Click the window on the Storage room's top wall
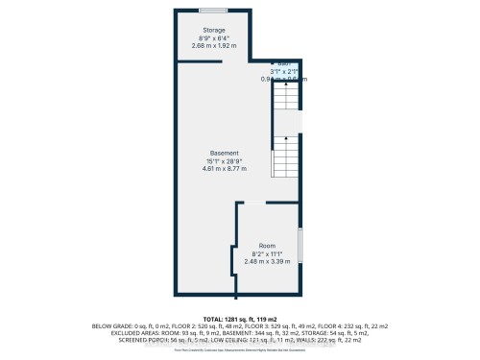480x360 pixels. pyautogui.click(x=212, y=10)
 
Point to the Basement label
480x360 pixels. pyautogui.click(x=225, y=154)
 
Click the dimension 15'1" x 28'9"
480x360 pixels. pyautogui.click(x=225, y=161)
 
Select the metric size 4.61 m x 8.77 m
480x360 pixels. pyautogui.click(x=225, y=169)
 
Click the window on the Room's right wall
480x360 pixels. pyautogui.click(x=300, y=245)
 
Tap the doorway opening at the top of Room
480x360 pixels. pyautogui.click(x=252, y=203)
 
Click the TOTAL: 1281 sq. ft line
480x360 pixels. pyautogui.click(x=239, y=317)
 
